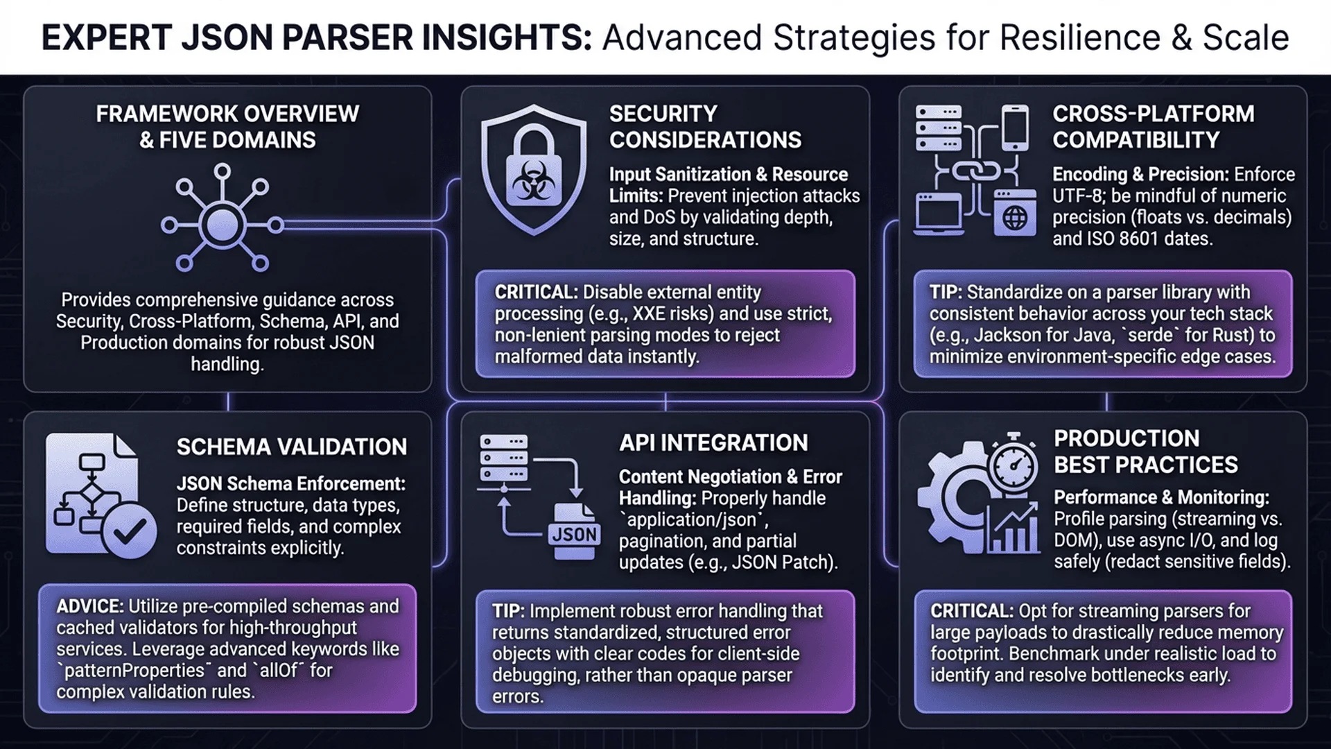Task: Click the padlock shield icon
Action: tap(533, 171)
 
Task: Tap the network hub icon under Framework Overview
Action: tap(222, 218)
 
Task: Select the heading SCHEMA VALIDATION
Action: tap(292, 447)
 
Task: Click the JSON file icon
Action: tap(575, 531)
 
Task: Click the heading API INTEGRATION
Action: tap(713, 442)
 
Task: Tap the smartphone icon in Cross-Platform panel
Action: tap(1016, 127)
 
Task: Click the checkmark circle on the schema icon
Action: tap(129, 531)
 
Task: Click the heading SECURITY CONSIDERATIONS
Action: tap(705, 127)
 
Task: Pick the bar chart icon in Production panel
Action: tap(1013, 527)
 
